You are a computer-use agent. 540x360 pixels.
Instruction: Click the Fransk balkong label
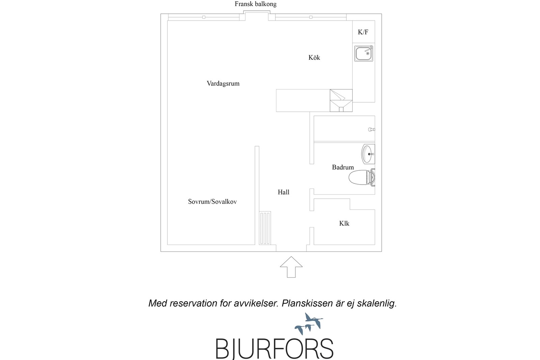coord(255,4)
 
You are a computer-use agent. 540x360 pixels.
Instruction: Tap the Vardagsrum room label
coord(223,84)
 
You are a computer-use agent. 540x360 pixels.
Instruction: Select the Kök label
coord(314,57)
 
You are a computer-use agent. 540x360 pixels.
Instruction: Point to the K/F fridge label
coord(363,32)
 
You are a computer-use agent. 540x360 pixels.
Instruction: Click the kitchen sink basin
coord(363,53)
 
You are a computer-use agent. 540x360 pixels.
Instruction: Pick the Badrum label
coord(343,167)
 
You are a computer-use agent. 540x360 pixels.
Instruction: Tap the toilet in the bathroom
coord(361,177)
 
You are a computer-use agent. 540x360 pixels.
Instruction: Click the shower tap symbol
coord(371,130)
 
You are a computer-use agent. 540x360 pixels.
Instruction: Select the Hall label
coord(283,192)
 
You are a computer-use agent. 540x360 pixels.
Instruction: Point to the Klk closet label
coord(344,223)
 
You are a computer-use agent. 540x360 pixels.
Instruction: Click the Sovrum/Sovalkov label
coord(212,202)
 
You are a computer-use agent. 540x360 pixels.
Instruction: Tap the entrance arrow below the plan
coord(291,267)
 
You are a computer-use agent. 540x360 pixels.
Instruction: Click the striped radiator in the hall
coord(265,228)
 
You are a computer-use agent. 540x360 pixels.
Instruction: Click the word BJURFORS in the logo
coord(274,349)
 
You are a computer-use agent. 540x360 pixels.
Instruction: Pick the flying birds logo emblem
coord(309,324)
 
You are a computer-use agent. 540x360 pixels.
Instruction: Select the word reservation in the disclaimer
coord(193,303)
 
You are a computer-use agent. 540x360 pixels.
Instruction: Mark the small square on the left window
coord(204,17)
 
